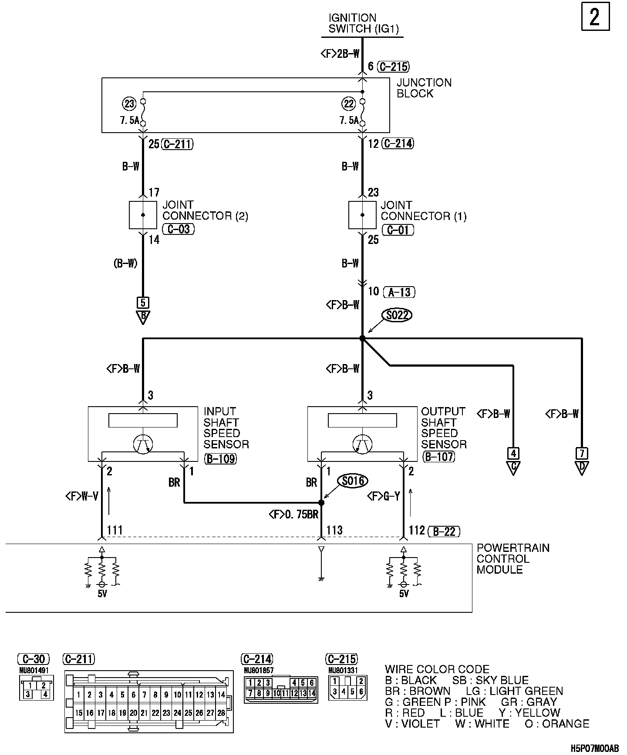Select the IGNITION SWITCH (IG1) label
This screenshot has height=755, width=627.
364,23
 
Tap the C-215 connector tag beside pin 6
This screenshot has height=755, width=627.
393,67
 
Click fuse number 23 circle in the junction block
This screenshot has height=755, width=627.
130,104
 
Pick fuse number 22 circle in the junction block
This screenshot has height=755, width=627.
349,104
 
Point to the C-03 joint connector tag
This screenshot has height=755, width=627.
178,229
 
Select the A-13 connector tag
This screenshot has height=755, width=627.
399,292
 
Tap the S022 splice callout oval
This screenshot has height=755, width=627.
396,315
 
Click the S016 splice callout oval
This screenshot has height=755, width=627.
353,481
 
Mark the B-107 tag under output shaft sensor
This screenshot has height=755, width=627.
438,457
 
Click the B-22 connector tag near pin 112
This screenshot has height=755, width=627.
444,531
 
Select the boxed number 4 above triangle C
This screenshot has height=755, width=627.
513,454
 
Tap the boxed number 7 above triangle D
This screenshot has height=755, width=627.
582,454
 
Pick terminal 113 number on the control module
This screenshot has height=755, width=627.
334,530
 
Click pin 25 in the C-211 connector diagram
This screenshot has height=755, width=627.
188,713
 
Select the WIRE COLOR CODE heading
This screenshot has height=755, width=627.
437,669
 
